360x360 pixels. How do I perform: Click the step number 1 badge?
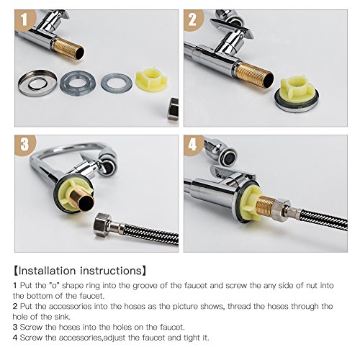click(x=24, y=19)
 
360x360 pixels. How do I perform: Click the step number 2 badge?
click(x=194, y=20)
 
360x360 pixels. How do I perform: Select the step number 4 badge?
click(x=194, y=145)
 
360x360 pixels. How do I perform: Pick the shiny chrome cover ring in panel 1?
click(x=37, y=83)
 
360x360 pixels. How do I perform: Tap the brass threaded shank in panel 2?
click(x=254, y=74)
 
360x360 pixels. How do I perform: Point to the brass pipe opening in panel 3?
click(x=86, y=203)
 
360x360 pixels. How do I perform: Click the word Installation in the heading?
click(x=47, y=271)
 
